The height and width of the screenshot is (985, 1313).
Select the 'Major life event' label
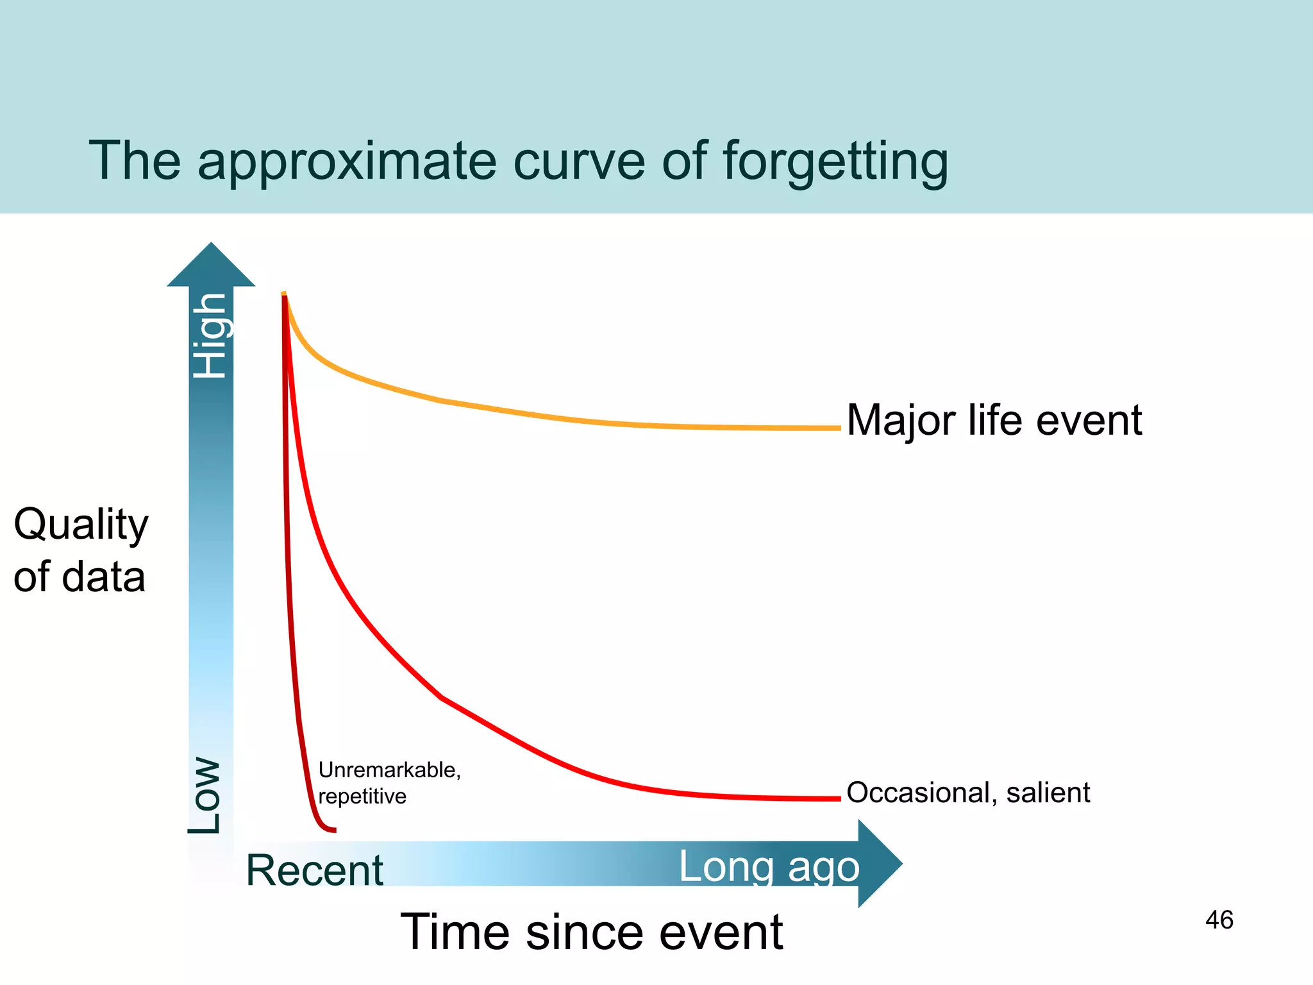pos(994,421)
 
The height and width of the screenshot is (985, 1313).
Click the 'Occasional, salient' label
pos(968,793)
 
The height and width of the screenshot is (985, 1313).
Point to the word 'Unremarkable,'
pos(389,770)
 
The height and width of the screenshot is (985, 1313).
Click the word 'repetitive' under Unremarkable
pos(362,796)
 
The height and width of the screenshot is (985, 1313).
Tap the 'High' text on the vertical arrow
pos(211,335)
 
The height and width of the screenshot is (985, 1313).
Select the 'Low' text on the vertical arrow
pos(205,795)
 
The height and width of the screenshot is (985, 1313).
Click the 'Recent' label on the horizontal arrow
pos(314,870)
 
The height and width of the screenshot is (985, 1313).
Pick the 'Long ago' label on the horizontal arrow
pos(769,866)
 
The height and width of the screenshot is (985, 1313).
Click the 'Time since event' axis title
pos(591,932)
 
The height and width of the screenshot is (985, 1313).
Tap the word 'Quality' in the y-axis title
pos(81,525)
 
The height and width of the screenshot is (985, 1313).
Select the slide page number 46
pos(1219,920)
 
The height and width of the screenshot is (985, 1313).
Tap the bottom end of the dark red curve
pos(333,830)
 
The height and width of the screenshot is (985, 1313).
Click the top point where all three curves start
pos(283,294)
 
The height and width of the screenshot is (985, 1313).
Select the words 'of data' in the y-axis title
pos(79,577)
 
